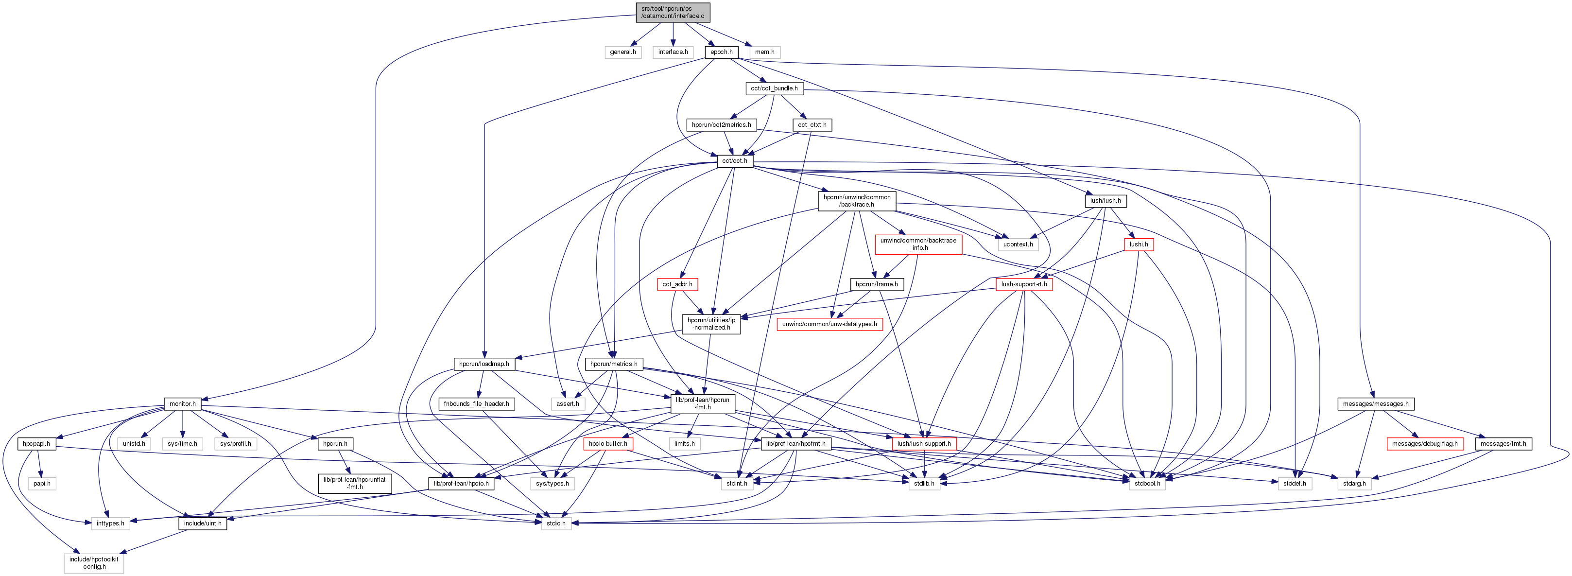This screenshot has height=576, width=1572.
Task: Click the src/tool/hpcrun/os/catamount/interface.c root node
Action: tap(673, 12)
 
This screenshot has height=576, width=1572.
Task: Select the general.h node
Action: tap(622, 52)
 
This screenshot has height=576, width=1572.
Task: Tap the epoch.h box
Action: tap(721, 52)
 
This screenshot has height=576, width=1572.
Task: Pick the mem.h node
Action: tap(765, 52)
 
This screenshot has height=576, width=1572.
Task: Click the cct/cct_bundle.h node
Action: tap(774, 88)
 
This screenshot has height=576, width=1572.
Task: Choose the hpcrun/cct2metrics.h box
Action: tap(721, 125)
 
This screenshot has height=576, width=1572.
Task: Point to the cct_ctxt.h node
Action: tap(812, 125)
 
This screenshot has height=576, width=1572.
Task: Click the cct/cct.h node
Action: tap(734, 161)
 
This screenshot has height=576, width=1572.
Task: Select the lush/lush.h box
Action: tap(1105, 201)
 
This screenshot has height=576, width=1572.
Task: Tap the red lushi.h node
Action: tap(1138, 244)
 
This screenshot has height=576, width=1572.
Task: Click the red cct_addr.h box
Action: tap(677, 284)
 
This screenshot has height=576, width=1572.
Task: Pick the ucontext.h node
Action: tap(1018, 244)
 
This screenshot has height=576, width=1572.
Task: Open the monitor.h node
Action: tap(182, 404)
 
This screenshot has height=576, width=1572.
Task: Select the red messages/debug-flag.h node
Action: tap(1424, 444)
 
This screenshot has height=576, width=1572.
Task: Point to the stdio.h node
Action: tap(555, 524)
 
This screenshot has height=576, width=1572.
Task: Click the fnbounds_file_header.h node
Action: tap(476, 404)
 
